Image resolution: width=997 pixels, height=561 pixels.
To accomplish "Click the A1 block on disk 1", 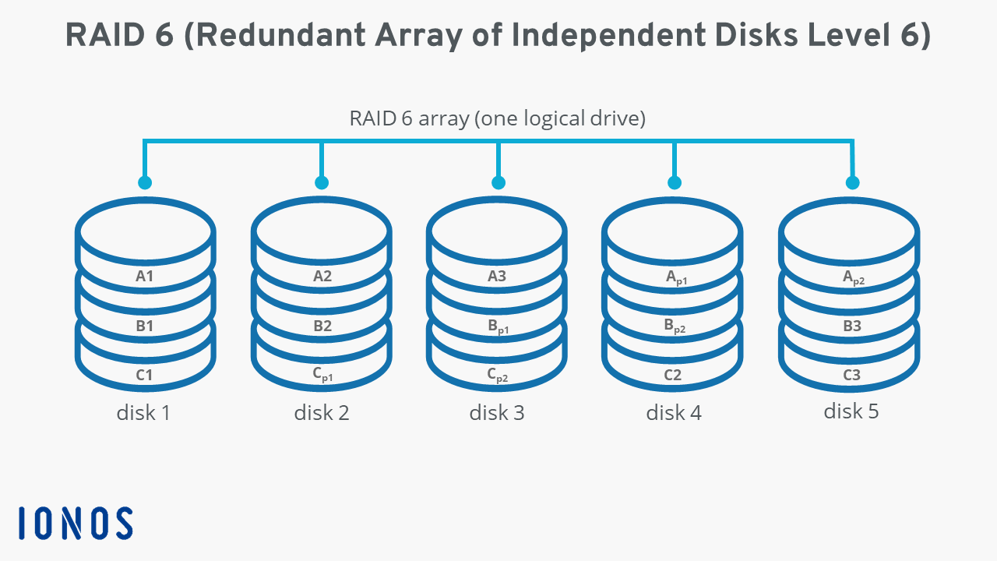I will pos(144,276).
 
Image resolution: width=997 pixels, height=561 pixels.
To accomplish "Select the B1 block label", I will pos(144,326).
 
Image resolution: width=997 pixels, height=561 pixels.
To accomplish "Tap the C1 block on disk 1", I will pos(144,375).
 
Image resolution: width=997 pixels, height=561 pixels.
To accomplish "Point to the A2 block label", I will pos(322,276).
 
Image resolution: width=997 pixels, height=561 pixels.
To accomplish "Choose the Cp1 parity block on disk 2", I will pos(322,375).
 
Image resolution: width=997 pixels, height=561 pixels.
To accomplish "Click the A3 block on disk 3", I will pos(497,276).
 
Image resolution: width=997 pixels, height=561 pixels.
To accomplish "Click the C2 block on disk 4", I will pos(673,375).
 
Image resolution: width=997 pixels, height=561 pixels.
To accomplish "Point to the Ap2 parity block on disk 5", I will pos(853,277).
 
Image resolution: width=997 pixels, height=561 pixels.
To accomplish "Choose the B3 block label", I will pos(852,326).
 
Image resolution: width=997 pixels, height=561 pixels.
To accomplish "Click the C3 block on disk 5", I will pos(852,375).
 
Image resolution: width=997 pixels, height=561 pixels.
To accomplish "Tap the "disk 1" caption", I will pos(143,412).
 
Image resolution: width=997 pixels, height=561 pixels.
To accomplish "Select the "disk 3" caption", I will pos(497,412).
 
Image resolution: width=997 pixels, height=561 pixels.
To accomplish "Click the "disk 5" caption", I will pos(851,411).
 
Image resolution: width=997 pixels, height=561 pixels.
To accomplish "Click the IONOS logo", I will pos(76,523).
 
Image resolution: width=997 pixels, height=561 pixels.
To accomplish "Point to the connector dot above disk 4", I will pos(675,182).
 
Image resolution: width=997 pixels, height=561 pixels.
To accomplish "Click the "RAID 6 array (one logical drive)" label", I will pos(498,118).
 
